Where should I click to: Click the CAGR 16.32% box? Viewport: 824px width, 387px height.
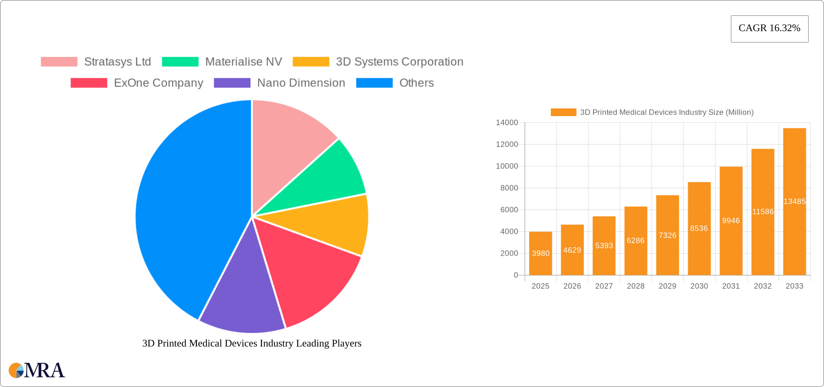769,29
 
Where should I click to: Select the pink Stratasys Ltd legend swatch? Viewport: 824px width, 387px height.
59,62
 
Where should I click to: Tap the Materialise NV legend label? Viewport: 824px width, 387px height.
243,62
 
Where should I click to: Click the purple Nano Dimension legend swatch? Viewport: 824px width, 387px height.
232,83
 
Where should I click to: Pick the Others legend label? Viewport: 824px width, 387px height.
416,83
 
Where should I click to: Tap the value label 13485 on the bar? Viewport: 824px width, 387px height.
794,201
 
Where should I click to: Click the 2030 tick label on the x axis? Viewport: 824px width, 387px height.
699,286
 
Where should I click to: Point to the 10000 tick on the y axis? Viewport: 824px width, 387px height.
507,166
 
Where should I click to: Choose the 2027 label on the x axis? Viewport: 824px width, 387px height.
604,286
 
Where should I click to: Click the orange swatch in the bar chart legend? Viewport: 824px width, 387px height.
563,112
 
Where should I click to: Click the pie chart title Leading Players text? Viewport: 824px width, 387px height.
252,343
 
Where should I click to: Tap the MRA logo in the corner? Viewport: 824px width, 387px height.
37,370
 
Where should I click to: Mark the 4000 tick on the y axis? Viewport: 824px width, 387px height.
509,231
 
